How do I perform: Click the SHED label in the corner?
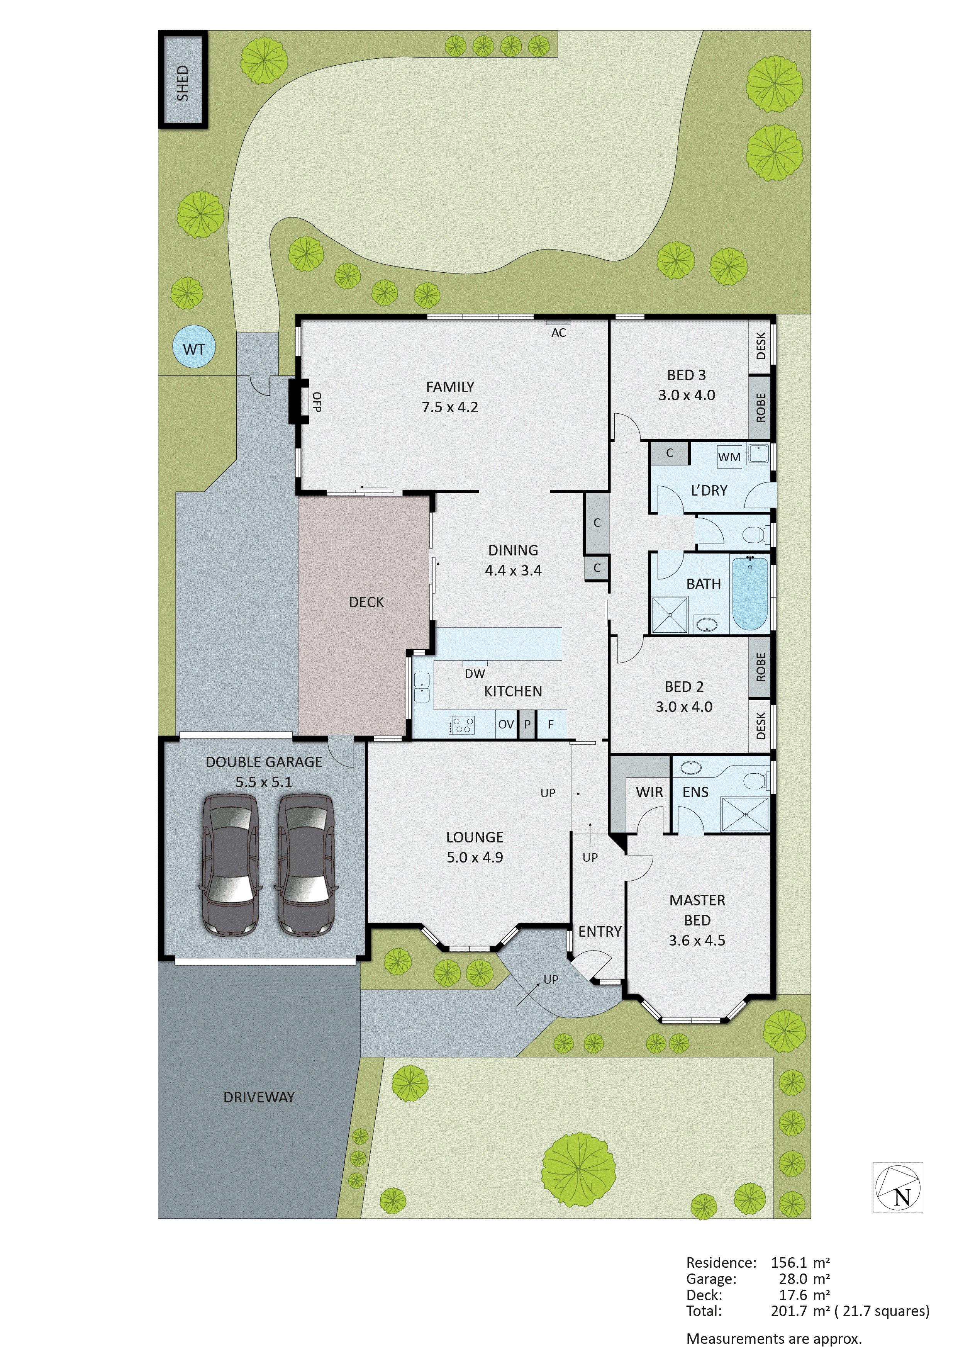pyautogui.click(x=183, y=83)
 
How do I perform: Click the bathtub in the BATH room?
pyautogui.click(x=750, y=593)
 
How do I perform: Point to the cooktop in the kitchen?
pyautogui.click(x=461, y=725)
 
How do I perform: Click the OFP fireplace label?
pyautogui.click(x=317, y=402)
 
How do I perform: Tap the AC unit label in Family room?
pyautogui.click(x=558, y=333)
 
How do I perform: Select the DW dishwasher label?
pyautogui.click(x=475, y=673)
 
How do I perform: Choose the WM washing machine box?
pyautogui.click(x=729, y=457)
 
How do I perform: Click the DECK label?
pyautogui.click(x=366, y=602)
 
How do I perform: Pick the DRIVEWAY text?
pyautogui.click(x=259, y=1097)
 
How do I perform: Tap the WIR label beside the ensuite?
pyautogui.click(x=649, y=792)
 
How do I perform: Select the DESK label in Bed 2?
pyautogui.click(x=760, y=725)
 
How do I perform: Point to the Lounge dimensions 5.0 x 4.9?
pyautogui.click(x=475, y=857)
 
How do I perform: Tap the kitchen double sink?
pyautogui.click(x=422, y=688)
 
